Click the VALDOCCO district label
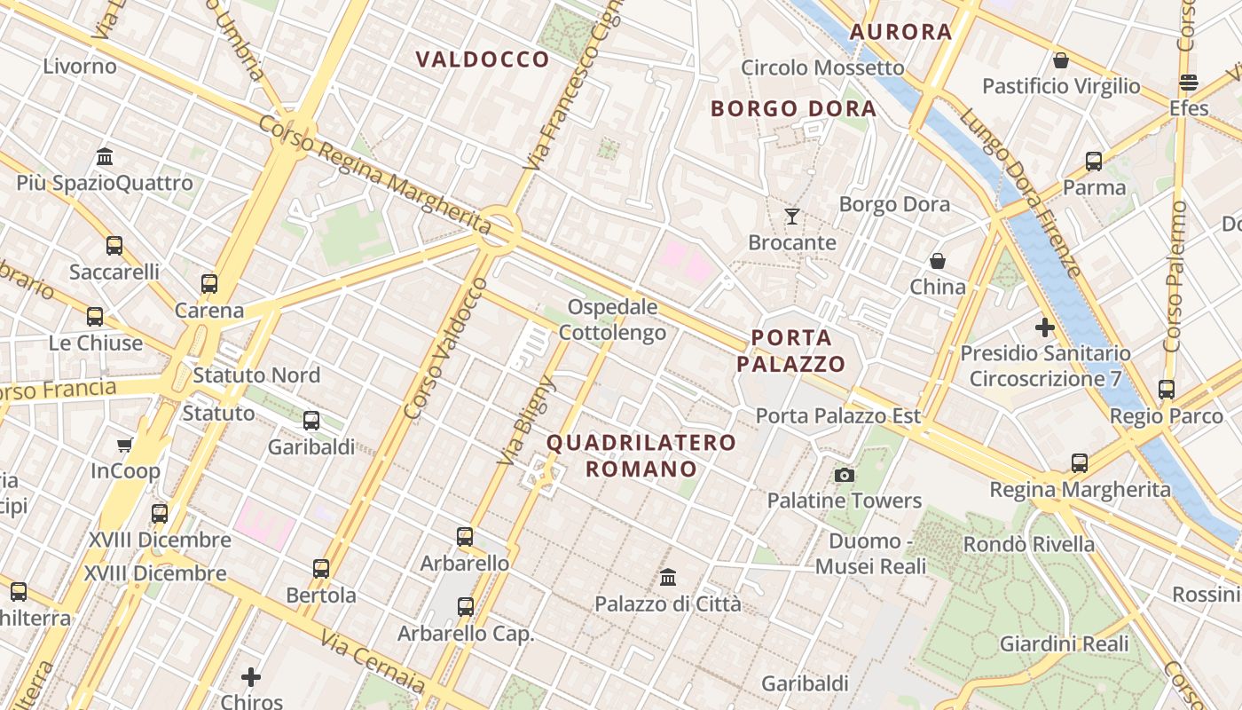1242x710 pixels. [x=483, y=59]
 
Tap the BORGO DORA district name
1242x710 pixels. [x=793, y=109]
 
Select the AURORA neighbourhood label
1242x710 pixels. [x=900, y=32]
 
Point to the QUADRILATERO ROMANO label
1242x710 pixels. [x=641, y=455]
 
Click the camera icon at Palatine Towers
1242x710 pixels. [x=845, y=475]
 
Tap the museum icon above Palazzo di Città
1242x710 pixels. [x=668, y=578]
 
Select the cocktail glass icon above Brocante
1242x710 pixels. [x=791, y=216]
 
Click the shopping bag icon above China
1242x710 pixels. [x=937, y=261]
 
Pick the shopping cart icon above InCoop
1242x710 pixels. [x=124, y=445]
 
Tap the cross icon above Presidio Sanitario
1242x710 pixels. [x=1045, y=327]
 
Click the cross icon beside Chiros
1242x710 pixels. [x=251, y=677]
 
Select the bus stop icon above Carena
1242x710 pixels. [x=209, y=284]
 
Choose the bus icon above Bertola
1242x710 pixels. [x=321, y=568]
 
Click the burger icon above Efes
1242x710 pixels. [x=1189, y=83]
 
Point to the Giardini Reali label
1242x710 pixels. [x=1064, y=644]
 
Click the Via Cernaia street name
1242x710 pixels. [x=373, y=661]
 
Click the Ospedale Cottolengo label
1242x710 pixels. [x=612, y=320]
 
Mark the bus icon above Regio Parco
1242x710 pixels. [x=1167, y=389]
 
